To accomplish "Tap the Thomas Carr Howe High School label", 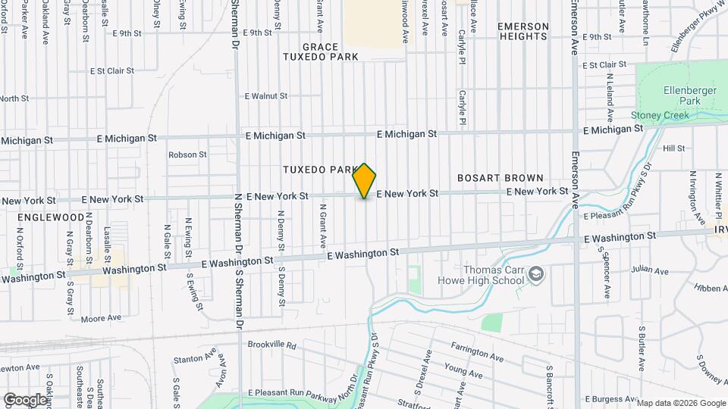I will (x=482, y=275).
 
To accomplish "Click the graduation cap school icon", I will (x=536, y=273).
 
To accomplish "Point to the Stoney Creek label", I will (x=660, y=116).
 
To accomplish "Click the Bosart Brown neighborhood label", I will (x=500, y=178).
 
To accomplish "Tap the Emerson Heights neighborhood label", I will (x=522, y=31).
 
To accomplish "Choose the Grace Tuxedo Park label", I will (x=320, y=52).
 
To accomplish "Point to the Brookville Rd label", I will (x=271, y=345).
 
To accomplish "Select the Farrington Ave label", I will (x=477, y=351).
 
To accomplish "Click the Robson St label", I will (x=187, y=155).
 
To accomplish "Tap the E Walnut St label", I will (x=265, y=96).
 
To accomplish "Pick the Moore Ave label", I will (x=101, y=318).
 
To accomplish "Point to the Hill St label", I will (x=673, y=148).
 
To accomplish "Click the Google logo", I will (x=25, y=399).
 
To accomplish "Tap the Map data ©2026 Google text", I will (x=680, y=403).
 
